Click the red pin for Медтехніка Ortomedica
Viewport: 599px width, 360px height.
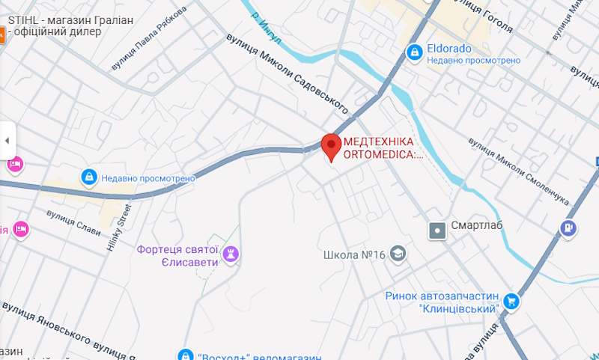pyautogui.click(x=331, y=144)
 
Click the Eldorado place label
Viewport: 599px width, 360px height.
pyautogui.click(x=449, y=49)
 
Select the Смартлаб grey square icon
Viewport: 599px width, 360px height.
pyautogui.click(x=436, y=231)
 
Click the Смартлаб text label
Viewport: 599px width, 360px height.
pyautogui.click(x=477, y=226)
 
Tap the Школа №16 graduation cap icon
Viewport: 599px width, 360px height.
pyautogui.click(x=398, y=254)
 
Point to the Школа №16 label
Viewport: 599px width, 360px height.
pyautogui.click(x=354, y=255)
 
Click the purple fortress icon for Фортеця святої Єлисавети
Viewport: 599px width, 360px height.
pyautogui.click(x=232, y=254)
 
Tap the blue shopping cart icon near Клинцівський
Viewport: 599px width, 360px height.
pyautogui.click(x=512, y=301)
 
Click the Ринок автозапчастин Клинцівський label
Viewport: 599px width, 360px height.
pyautogui.click(x=442, y=302)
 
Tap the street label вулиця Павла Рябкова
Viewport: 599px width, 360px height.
pyautogui.click(x=148, y=40)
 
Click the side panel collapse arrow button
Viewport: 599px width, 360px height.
pyautogui.click(x=7, y=140)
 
